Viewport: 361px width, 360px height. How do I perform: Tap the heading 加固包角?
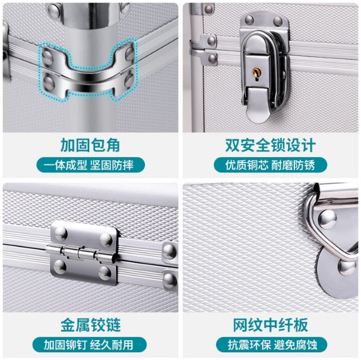pyautogui.click(x=90, y=145)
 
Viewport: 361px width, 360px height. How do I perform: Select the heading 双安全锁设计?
pyautogui.click(x=270, y=145)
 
